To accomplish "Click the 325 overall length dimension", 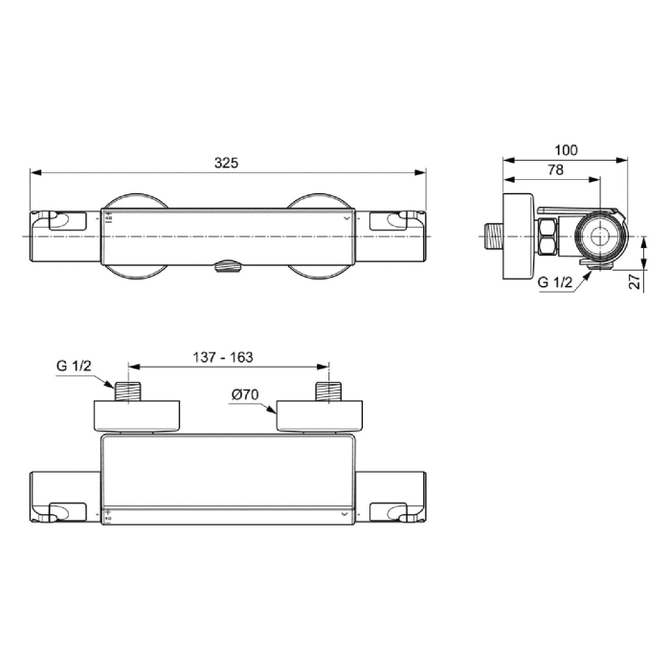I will (x=226, y=163).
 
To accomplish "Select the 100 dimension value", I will (x=567, y=150).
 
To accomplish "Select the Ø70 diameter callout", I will (x=245, y=394).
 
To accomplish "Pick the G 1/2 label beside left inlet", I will (x=74, y=367).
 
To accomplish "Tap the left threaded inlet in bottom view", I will (x=128, y=392).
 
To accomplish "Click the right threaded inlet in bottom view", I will (x=329, y=392).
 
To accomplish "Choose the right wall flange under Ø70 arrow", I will (x=321, y=415).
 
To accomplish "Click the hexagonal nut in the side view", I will (x=549, y=236).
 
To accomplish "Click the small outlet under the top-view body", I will (x=228, y=268).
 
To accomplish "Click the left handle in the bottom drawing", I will (x=66, y=498).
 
